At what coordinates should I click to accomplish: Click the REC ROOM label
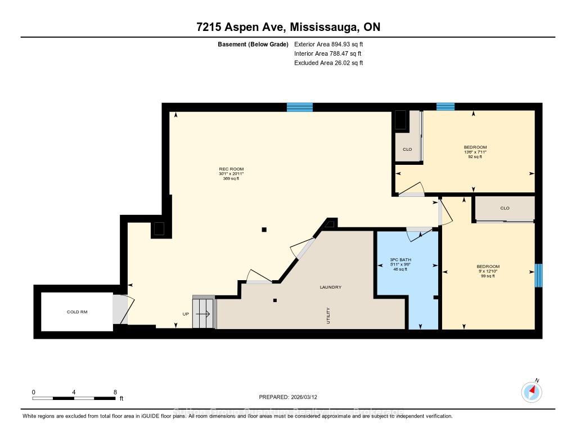(231, 169)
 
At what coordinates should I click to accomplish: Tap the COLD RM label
(77, 312)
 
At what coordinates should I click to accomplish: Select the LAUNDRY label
(330, 287)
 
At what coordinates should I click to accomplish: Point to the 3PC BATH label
(401, 260)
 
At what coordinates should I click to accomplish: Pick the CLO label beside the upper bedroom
(407, 150)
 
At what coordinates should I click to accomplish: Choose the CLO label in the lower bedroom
(504, 208)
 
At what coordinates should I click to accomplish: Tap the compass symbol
(531, 392)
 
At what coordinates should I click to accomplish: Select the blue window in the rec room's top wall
(299, 107)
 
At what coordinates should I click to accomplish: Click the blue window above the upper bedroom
(445, 106)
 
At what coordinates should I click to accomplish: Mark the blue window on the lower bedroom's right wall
(538, 276)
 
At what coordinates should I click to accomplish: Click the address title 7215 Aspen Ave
(288, 28)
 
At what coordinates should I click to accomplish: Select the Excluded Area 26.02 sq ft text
(328, 63)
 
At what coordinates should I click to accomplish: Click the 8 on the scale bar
(115, 392)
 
